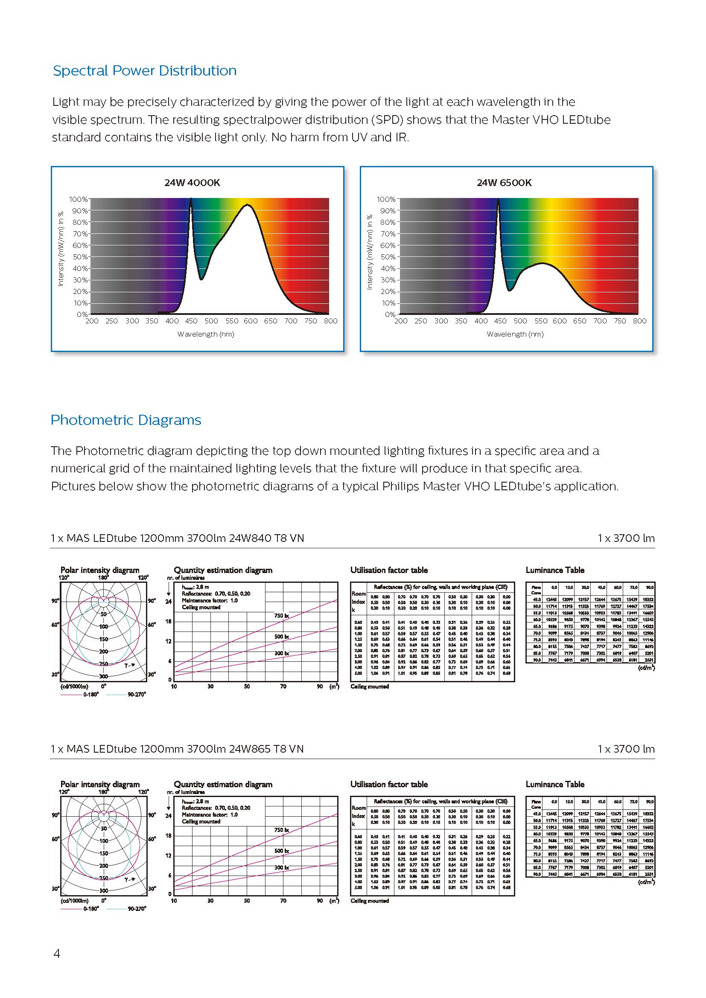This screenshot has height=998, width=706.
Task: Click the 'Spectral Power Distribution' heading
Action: click(145, 70)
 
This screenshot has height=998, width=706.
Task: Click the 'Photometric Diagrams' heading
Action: click(126, 420)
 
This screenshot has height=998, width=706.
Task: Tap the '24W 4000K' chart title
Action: click(192, 183)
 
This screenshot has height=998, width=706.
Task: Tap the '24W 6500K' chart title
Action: click(504, 183)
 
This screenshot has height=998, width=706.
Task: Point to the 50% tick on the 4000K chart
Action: click(79, 257)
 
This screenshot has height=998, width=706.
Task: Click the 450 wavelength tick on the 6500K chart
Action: click(500, 321)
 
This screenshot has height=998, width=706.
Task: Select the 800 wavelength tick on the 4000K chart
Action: click(330, 321)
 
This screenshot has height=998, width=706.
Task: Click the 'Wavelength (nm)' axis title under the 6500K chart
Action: click(515, 334)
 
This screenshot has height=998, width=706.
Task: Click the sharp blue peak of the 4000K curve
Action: click(190, 200)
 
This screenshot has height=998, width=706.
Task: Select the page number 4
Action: click(56, 954)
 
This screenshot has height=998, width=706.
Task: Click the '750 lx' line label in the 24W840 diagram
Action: click(282, 616)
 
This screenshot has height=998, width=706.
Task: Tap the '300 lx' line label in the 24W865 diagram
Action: click(282, 867)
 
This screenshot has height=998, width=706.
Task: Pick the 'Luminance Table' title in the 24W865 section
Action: click(555, 784)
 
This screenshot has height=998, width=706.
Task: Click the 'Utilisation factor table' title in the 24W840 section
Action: click(389, 570)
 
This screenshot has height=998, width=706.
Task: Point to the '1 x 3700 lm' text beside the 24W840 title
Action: click(626, 538)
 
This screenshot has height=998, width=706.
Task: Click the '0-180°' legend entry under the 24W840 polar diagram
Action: click(91, 694)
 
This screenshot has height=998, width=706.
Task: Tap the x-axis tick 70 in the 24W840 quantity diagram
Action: click(283, 687)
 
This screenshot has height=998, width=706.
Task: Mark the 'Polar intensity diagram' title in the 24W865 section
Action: click(100, 784)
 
